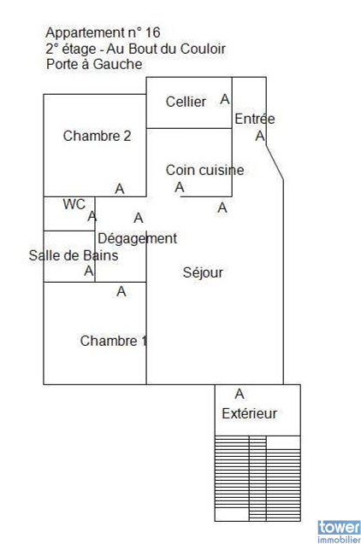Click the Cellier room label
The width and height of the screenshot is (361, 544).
pos(186,102)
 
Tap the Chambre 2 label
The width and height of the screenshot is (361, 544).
pos(97,136)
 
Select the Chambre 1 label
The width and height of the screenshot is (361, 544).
pos(114,341)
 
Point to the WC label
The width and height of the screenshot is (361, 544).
pos(74,204)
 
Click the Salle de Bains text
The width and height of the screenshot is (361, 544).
pos(74,255)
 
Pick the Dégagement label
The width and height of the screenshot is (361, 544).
pos(137,239)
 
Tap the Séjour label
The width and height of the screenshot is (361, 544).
pos(203,272)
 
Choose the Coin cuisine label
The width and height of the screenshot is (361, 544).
pos(204,170)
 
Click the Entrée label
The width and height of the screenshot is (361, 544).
pos(255,119)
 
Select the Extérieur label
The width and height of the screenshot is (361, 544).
pos(250,413)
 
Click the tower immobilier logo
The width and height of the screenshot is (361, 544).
pos(339,531)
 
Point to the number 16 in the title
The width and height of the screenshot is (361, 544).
pos(152,32)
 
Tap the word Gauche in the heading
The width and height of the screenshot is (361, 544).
pos(117,64)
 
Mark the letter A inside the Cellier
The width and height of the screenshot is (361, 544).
pos(225,99)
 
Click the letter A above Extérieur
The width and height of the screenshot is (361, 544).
pos(240,394)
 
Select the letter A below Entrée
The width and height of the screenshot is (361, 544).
pos(260,136)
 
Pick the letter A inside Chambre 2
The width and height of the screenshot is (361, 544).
pos(120,189)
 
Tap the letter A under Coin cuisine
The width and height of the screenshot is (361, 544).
pos(180,187)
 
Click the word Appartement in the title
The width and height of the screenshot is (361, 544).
pos(85,33)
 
